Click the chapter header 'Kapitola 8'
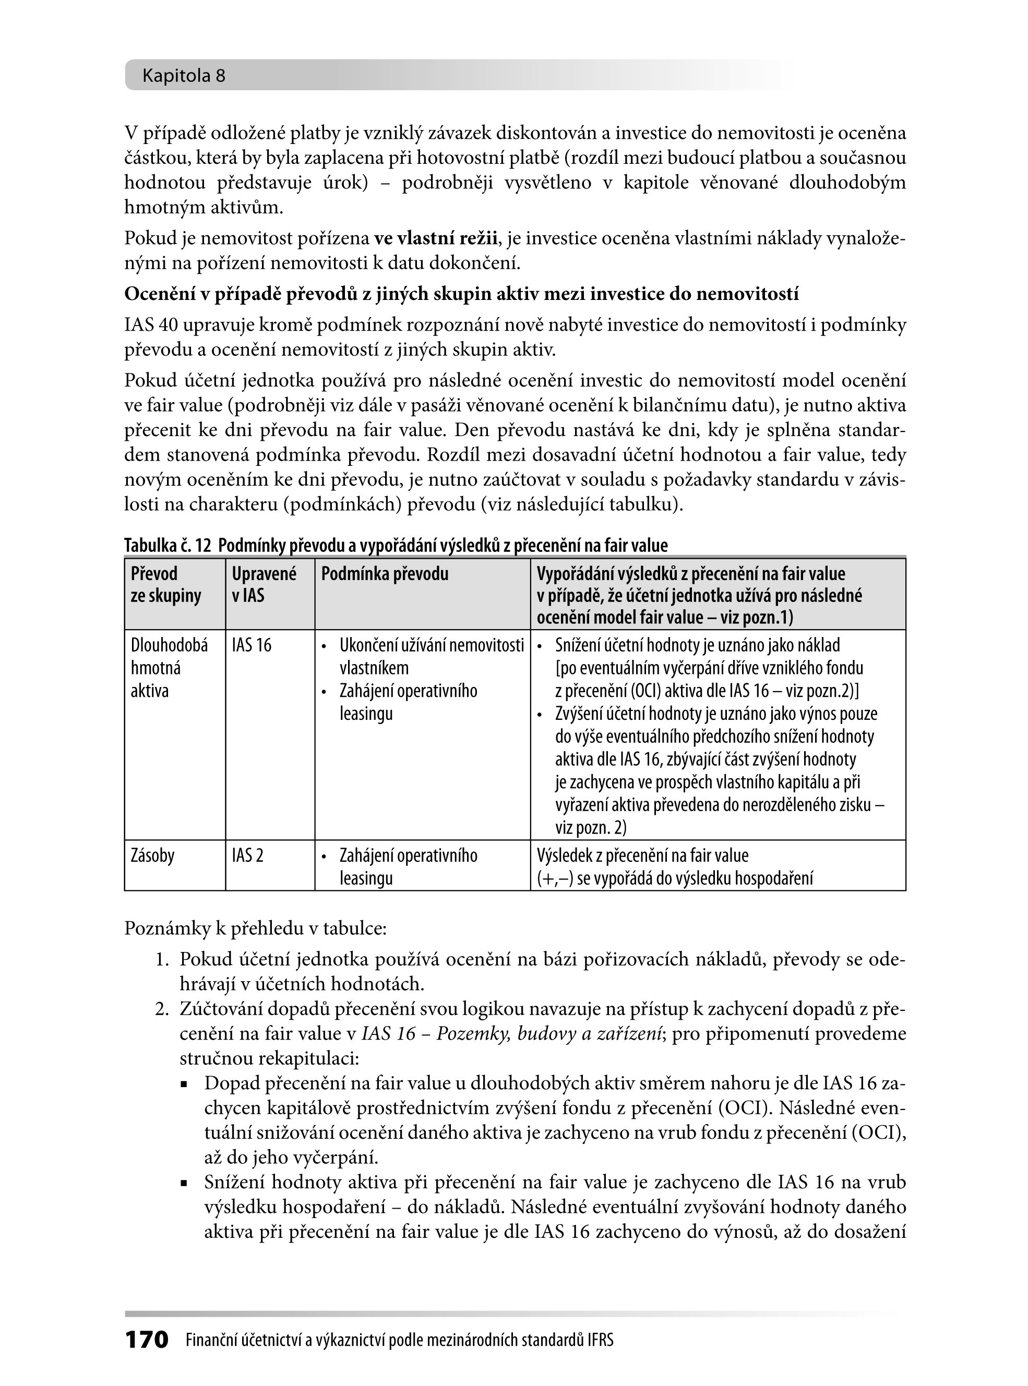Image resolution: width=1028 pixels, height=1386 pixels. [x=184, y=76]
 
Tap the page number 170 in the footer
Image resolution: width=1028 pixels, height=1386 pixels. [x=147, y=1340]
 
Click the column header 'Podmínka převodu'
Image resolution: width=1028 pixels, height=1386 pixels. [x=385, y=574]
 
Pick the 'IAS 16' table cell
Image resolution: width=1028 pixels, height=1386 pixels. [x=252, y=645]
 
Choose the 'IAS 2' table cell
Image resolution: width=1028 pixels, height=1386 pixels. [x=248, y=855]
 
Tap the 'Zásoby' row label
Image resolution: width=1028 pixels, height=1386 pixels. [x=152, y=855]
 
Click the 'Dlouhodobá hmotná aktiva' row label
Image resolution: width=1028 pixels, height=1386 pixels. [x=169, y=668]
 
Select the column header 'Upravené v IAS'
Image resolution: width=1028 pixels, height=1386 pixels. [x=264, y=585]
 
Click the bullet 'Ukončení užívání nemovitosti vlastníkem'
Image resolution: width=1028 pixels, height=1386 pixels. [x=431, y=656]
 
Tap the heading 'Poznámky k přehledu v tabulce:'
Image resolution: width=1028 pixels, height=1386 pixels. [x=256, y=928]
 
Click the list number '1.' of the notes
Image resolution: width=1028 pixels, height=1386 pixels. [x=162, y=959]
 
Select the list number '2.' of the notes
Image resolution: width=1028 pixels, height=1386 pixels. [x=162, y=1008]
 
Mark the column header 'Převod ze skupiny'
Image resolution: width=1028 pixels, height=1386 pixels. [x=165, y=585]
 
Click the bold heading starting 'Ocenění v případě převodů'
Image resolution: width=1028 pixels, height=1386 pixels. [x=461, y=294]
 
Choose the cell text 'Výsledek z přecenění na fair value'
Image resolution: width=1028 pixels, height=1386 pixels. [x=643, y=855]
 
